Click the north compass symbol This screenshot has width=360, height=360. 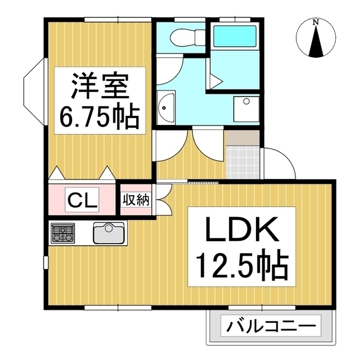316,40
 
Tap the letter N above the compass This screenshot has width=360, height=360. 316,22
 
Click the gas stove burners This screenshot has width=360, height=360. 63,232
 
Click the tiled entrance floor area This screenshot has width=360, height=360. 243,160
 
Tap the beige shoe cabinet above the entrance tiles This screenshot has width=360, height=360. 243,137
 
